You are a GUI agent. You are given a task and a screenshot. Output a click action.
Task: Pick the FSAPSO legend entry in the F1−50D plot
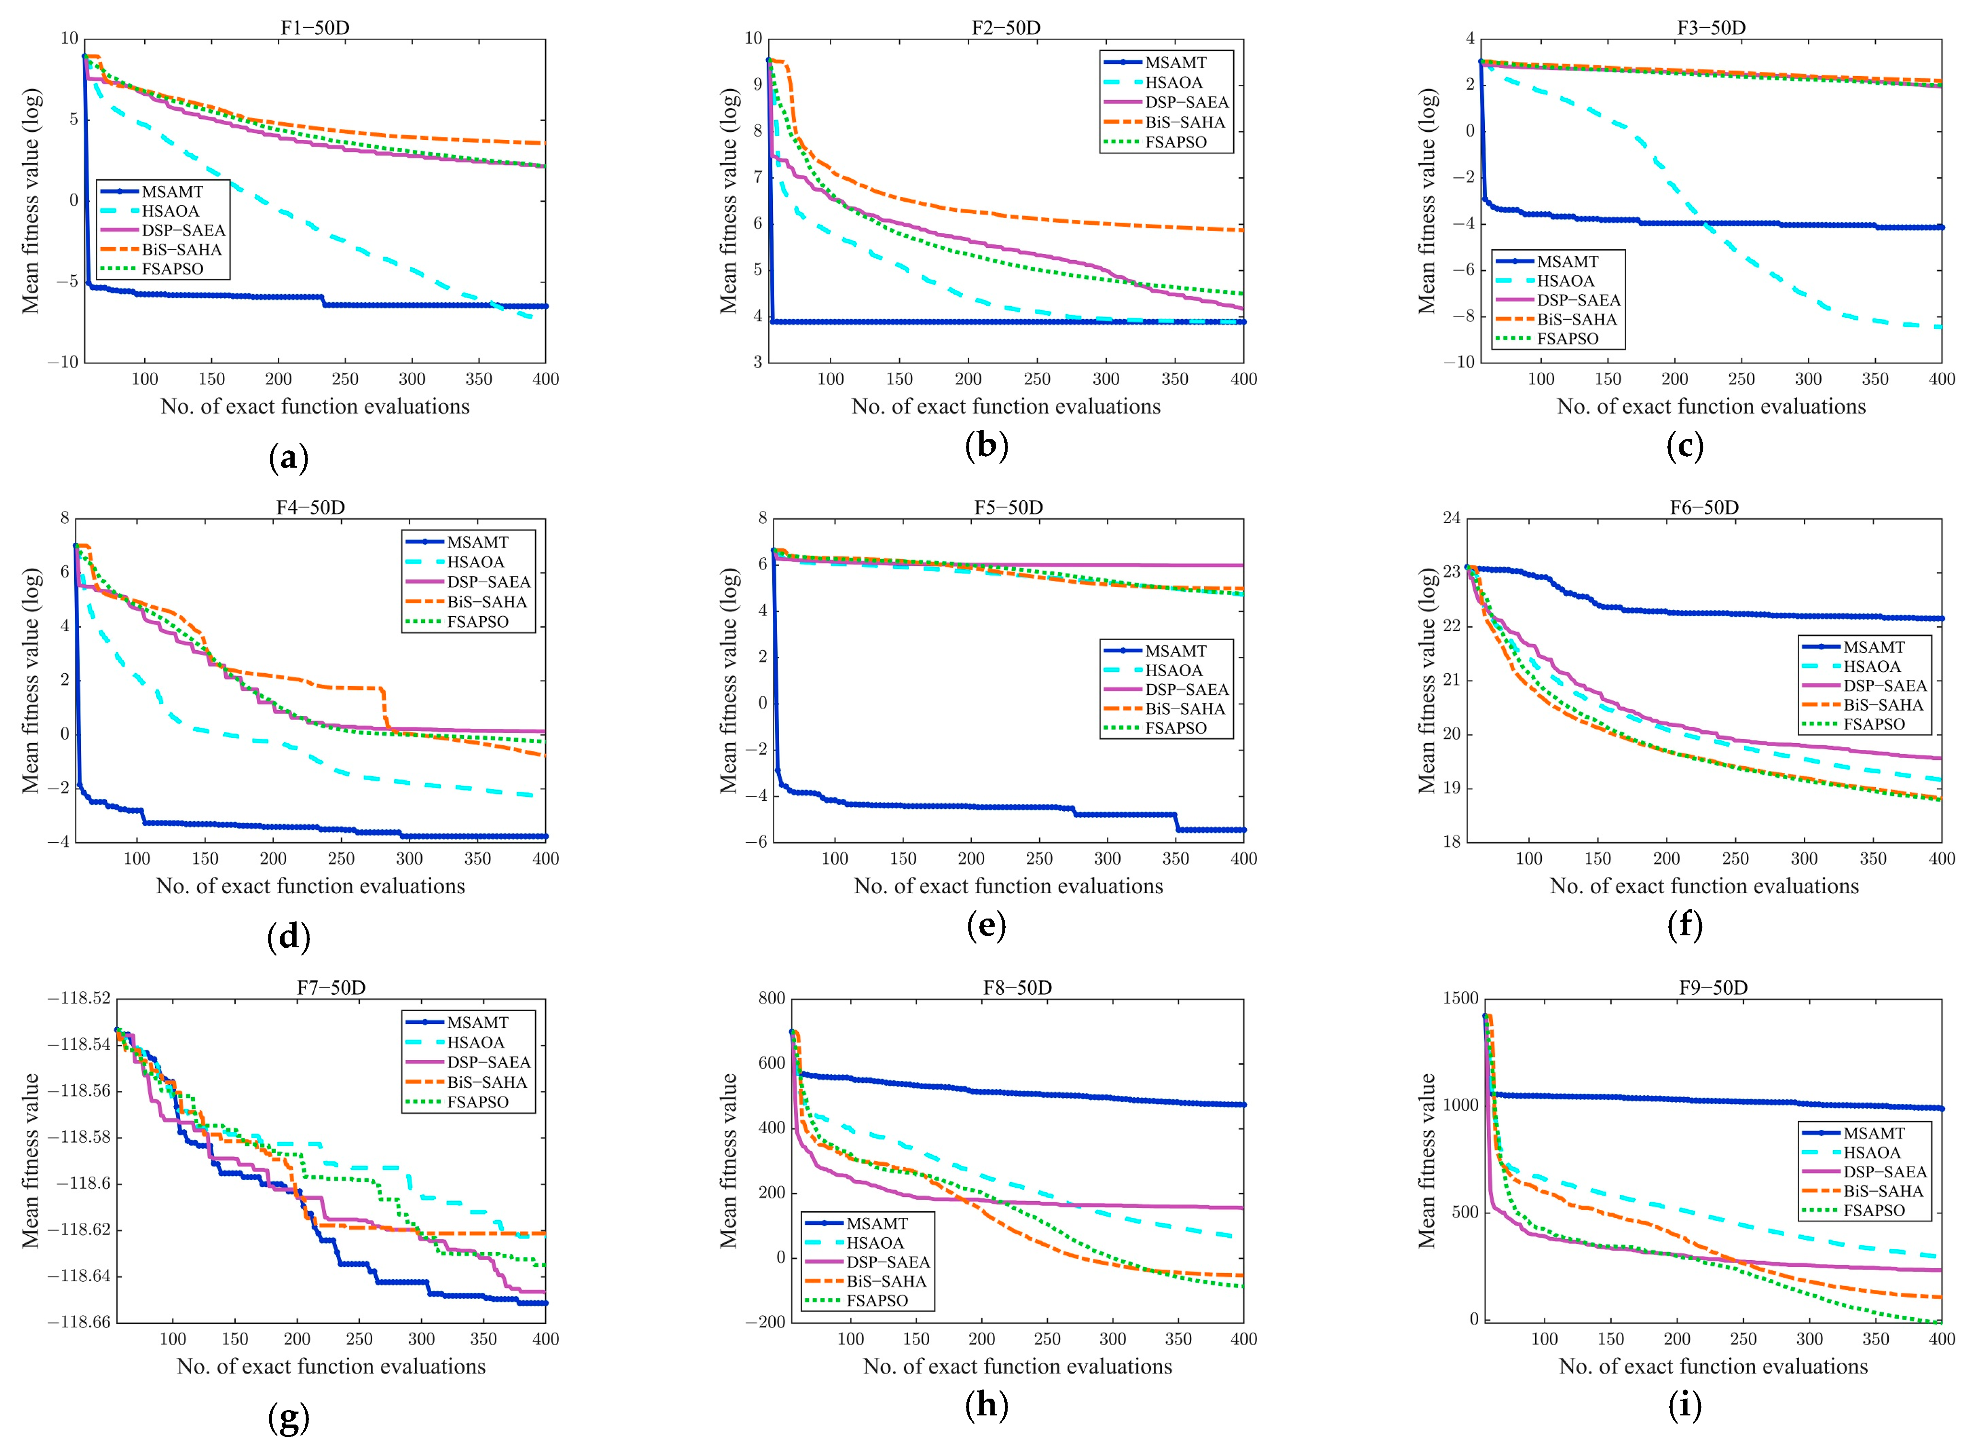[172, 269]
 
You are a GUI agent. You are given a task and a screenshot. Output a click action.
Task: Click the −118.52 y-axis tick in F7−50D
[79, 999]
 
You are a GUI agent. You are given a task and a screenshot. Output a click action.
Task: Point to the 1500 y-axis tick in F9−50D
[1460, 999]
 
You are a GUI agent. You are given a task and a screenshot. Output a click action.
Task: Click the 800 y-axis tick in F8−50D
[771, 999]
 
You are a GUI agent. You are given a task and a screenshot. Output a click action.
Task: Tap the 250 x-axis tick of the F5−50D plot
[1039, 859]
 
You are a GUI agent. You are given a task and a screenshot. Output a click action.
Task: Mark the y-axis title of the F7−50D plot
[31, 1161]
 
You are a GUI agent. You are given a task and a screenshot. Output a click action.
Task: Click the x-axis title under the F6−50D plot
[1704, 886]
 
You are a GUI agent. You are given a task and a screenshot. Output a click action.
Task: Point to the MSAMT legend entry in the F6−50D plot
[1873, 647]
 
